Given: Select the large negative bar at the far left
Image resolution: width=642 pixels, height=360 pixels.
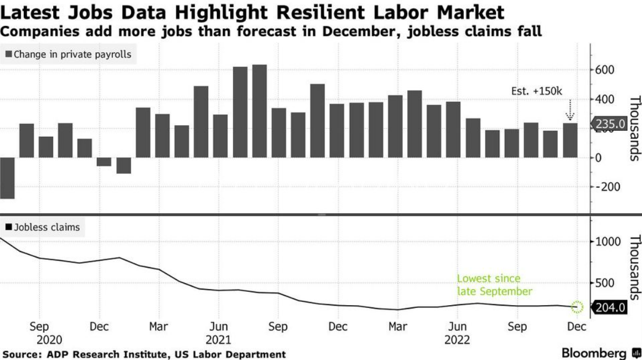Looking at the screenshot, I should [x=7, y=178].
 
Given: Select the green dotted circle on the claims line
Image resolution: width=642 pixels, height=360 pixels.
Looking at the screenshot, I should [x=577, y=306].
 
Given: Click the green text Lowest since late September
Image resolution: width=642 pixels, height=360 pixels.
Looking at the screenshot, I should [x=494, y=285].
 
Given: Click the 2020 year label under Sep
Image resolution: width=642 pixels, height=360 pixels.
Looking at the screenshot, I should [x=49, y=340].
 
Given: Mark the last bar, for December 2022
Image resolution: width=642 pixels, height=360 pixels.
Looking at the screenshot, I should [x=570, y=140].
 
